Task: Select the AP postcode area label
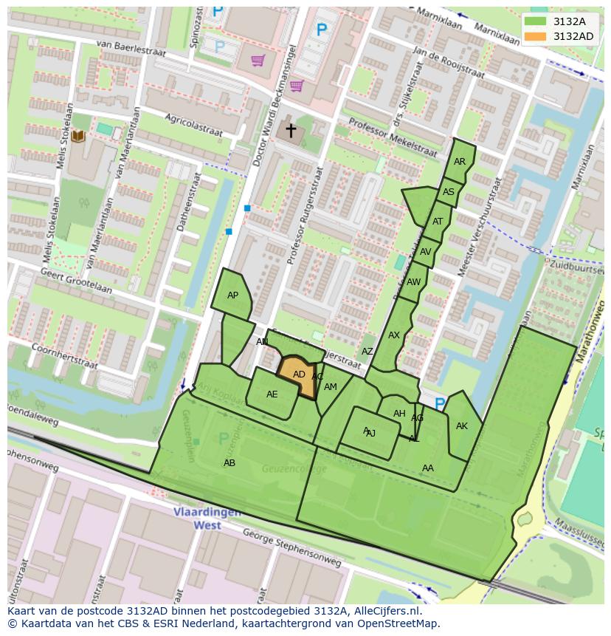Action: click(x=232, y=295)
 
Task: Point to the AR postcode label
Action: click(x=460, y=162)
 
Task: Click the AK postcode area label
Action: click(x=462, y=426)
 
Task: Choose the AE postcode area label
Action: click(x=272, y=394)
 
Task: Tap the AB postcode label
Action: click(x=229, y=463)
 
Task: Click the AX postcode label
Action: click(x=394, y=335)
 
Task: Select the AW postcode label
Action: click(x=413, y=282)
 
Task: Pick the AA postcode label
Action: click(x=428, y=468)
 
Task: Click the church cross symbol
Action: click(x=291, y=131)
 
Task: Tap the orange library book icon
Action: click(x=78, y=137)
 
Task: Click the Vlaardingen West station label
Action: click(x=197, y=519)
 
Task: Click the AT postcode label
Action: click(x=438, y=222)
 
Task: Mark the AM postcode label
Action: click(x=331, y=387)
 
